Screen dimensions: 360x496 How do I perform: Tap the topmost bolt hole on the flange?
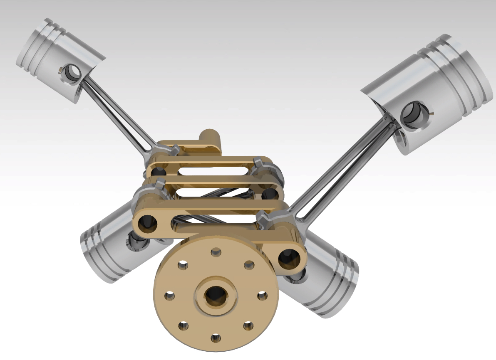(x=216, y=252)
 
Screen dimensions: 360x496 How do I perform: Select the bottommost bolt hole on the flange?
(x=215, y=338)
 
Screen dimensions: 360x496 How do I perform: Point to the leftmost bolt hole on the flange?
(x=169, y=296)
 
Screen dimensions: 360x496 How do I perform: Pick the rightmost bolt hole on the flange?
(x=262, y=296)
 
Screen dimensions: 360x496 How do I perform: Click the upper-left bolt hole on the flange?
(x=182, y=265)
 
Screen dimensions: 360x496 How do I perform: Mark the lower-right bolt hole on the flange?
(x=248, y=326)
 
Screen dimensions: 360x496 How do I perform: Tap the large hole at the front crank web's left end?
(x=148, y=223)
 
